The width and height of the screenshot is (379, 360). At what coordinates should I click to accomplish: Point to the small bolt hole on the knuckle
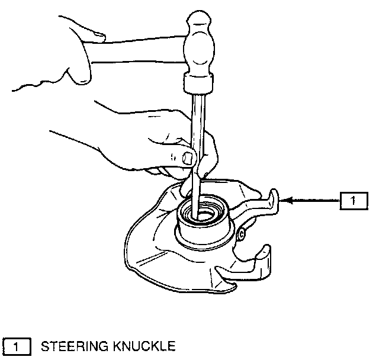pos(241,236)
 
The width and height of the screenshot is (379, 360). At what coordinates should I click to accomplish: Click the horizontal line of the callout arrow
pos(314,201)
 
